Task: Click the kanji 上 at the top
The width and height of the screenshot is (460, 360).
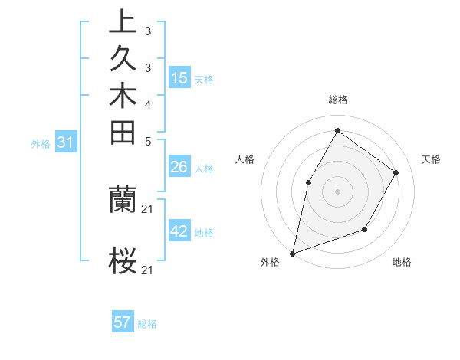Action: [123, 21]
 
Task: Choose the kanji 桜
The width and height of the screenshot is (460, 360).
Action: [123, 260]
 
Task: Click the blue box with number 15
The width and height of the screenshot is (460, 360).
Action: [179, 77]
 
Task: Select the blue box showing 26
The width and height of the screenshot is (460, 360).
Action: [179, 167]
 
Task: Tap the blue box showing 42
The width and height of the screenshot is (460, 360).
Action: [179, 231]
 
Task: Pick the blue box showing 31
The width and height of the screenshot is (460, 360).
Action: [66, 142]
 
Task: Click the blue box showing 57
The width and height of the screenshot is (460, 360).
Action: [123, 322]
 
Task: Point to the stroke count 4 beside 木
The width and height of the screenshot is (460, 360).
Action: [147, 103]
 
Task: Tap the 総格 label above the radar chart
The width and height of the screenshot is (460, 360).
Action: [337, 100]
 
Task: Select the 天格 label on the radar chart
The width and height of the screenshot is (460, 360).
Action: [431, 159]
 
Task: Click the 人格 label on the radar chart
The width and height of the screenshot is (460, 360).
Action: [245, 159]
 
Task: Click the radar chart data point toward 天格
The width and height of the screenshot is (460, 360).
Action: [396, 172]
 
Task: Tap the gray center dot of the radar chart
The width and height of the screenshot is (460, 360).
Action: [337, 191]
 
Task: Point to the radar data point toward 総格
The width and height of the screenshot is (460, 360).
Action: [337, 130]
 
